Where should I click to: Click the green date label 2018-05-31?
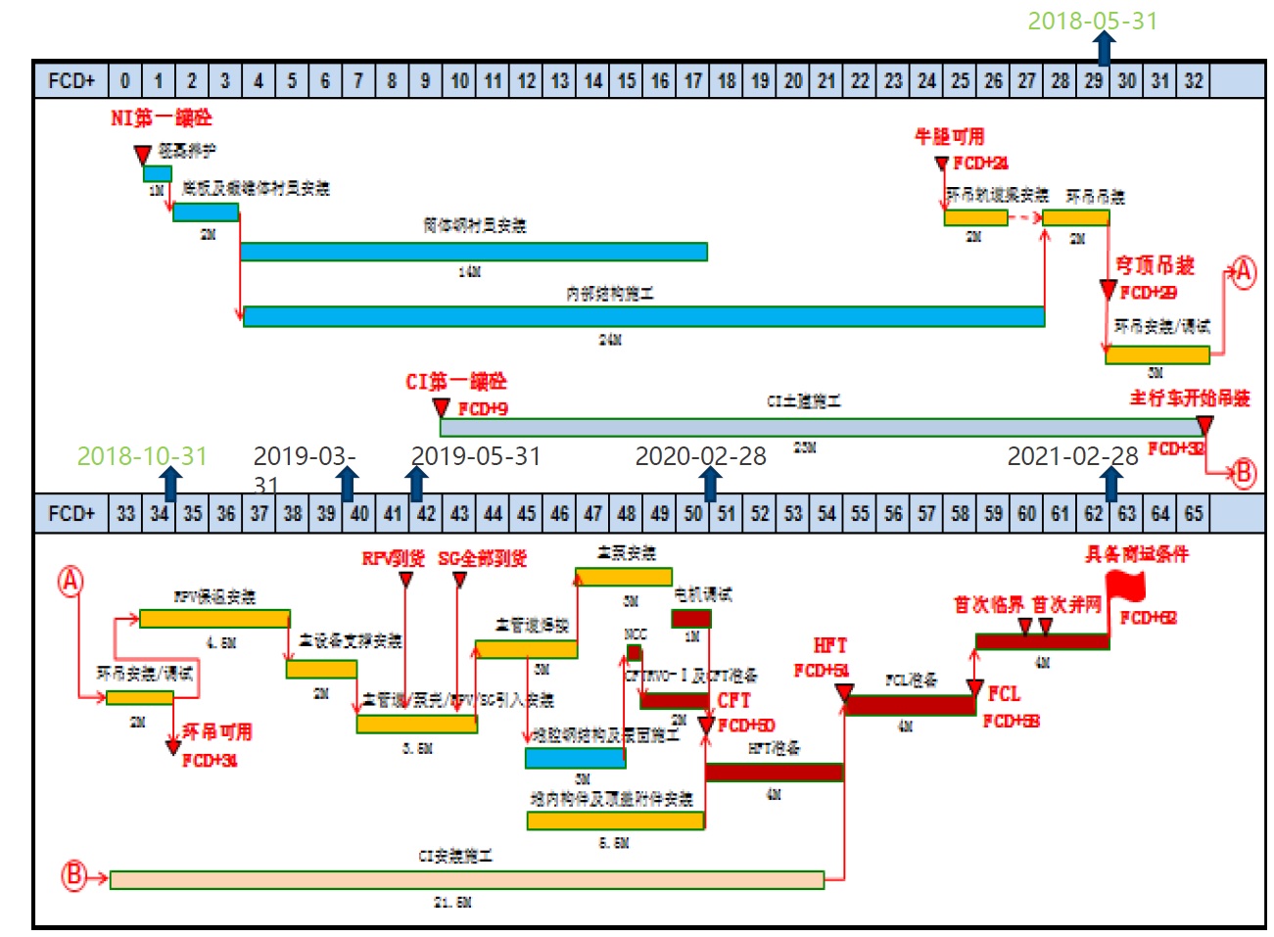(x=1092, y=21)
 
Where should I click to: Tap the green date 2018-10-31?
(x=142, y=456)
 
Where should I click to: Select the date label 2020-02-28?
(x=700, y=456)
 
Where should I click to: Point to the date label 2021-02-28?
(x=1072, y=456)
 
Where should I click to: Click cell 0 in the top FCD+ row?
(x=124, y=80)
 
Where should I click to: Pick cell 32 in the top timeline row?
(x=1193, y=80)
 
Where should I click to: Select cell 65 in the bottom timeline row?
(x=1193, y=513)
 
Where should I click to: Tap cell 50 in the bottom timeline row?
(x=693, y=513)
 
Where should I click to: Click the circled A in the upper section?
(x=1243, y=271)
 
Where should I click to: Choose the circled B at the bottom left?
(x=74, y=875)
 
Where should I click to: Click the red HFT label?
(x=829, y=645)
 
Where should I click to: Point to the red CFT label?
(x=733, y=701)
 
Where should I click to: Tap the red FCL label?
(x=1004, y=694)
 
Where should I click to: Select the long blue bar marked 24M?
(x=643, y=316)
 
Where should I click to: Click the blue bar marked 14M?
(x=473, y=252)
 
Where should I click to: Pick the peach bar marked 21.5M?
(x=466, y=879)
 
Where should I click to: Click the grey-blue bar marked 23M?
(x=821, y=427)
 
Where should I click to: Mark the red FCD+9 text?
(x=483, y=408)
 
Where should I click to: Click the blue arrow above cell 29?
(x=1104, y=48)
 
